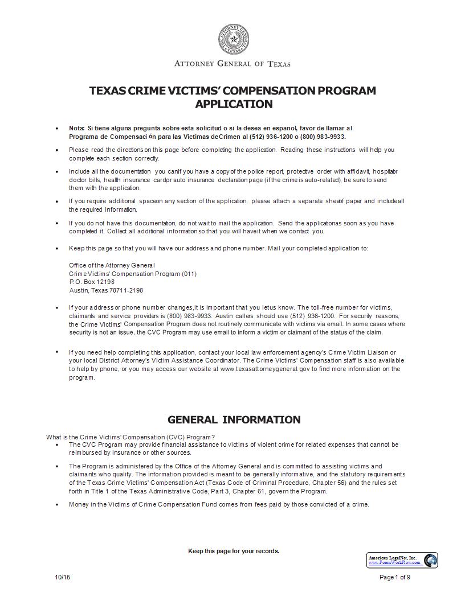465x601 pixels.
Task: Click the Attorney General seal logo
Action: pyautogui.click(x=232, y=40)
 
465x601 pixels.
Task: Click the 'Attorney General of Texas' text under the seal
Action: pyautogui.click(x=232, y=64)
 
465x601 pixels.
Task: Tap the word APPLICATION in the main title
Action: pyautogui.click(x=234, y=104)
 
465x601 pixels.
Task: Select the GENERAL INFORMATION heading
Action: pyautogui.click(x=234, y=420)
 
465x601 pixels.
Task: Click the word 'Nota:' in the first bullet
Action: pyautogui.click(x=76, y=129)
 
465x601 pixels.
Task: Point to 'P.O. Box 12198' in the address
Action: pyautogui.click(x=92, y=282)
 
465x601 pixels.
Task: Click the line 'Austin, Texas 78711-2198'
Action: pyautogui.click(x=106, y=290)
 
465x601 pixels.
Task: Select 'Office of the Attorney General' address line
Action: pyautogui.click(x=112, y=265)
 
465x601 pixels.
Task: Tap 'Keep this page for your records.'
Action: pyautogui.click(x=234, y=551)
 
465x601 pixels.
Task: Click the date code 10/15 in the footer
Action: pyautogui.click(x=63, y=577)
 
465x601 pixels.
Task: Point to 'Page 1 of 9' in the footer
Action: pyautogui.click(x=395, y=577)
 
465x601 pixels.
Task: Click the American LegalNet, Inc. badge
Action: pyautogui.click(x=402, y=560)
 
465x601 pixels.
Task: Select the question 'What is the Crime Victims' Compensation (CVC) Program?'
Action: pyautogui.click(x=130, y=437)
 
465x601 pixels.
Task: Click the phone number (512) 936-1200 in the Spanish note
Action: pyautogui.click(x=269, y=137)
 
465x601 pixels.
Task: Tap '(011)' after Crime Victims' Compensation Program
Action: pyautogui.click(x=189, y=274)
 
